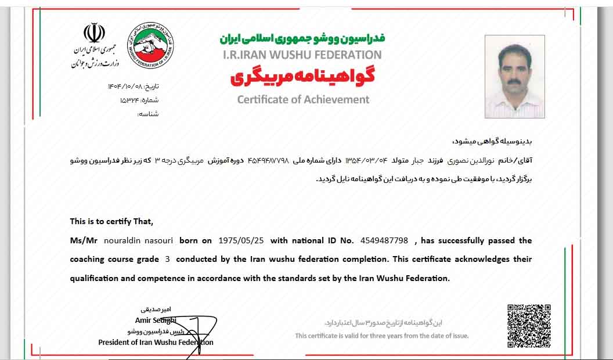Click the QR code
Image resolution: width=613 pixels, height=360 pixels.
point(529,326)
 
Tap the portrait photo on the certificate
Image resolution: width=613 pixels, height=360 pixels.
point(514,76)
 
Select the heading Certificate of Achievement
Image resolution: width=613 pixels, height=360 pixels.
point(303,99)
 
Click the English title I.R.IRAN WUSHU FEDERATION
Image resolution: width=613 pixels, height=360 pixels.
point(302,55)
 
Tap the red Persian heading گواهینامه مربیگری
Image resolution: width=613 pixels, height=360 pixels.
point(302,77)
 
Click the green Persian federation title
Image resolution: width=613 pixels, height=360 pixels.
point(302,38)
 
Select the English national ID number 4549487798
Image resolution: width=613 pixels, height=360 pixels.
point(384,240)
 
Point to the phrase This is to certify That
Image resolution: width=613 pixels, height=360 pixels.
point(111,221)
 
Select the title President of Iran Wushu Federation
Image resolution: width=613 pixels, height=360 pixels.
point(156,343)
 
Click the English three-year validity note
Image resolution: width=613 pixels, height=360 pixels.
point(381,336)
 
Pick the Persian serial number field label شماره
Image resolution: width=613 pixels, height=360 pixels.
point(149,100)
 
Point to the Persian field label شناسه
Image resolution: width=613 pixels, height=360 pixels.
point(148,114)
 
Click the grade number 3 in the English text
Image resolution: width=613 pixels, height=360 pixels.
point(168,259)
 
